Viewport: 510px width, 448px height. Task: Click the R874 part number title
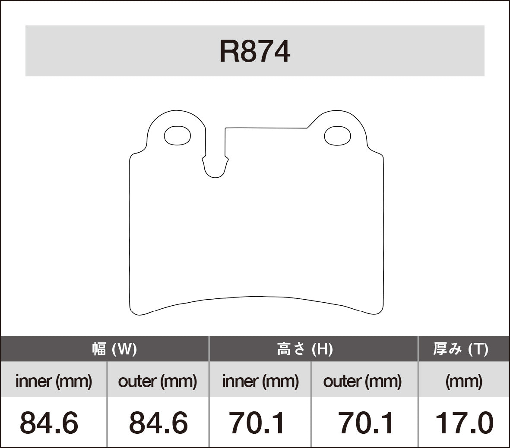coord(255,52)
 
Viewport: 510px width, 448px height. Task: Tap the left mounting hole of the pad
coord(177,135)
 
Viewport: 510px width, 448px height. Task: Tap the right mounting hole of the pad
coord(337,135)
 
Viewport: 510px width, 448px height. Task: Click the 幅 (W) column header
coord(114,349)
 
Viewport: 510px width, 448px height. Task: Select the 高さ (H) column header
coord(305,349)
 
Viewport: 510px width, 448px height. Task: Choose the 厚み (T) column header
coord(461,349)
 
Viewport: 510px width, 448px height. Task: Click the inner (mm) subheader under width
coord(54,381)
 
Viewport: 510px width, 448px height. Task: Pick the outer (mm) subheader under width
coord(158,381)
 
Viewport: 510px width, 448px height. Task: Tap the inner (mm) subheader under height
coord(260,381)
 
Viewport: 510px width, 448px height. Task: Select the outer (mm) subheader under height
coord(362,381)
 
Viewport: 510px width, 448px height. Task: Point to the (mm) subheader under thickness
coord(463,381)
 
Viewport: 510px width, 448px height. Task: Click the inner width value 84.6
coord(49,423)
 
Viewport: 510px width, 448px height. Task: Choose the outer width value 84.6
coord(158,423)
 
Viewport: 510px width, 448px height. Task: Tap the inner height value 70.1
coord(257,423)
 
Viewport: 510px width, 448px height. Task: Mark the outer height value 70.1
coord(366,423)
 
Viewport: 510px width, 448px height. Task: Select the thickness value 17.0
coord(464,423)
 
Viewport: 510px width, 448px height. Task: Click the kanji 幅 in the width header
coord(99,349)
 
